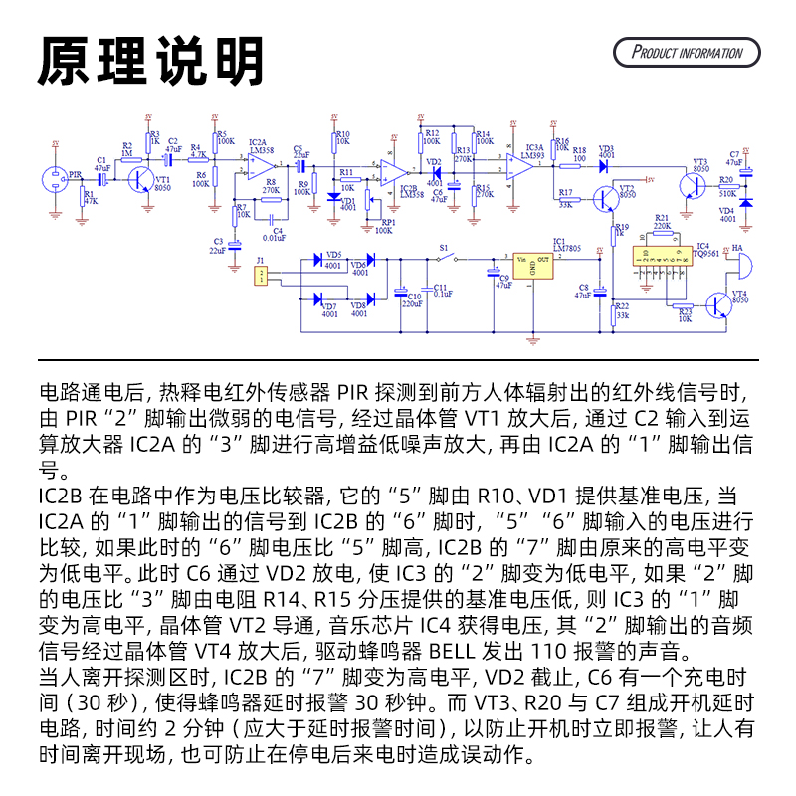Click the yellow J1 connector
point(261,277)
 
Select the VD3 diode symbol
point(604,165)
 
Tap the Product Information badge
point(688,53)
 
